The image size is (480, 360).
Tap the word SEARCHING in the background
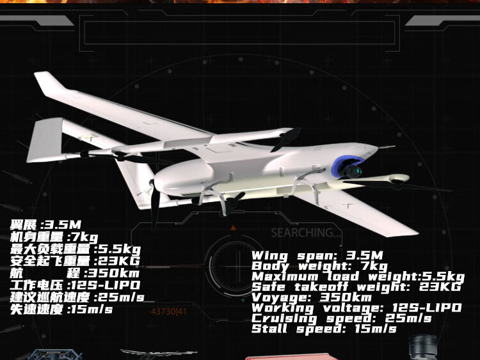tap(306, 233)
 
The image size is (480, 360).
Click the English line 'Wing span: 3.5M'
tap(317, 256)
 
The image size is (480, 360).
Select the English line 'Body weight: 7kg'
tap(319, 266)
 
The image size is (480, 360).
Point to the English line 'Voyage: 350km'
tap(311, 297)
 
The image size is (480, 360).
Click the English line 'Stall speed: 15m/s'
tap(324, 329)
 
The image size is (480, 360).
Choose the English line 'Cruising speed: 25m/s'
tap(341, 318)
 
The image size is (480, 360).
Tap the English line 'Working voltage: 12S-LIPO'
tap(356, 308)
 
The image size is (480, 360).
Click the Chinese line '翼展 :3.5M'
tap(45, 225)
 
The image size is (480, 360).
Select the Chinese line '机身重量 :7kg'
tap(54, 237)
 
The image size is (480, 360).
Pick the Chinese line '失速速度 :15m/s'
tap(61, 309)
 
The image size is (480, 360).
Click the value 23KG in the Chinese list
tap(117, 261)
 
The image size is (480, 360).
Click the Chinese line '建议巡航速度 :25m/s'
tap(77, 297)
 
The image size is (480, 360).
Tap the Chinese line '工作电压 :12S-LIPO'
tap(75, 285)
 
